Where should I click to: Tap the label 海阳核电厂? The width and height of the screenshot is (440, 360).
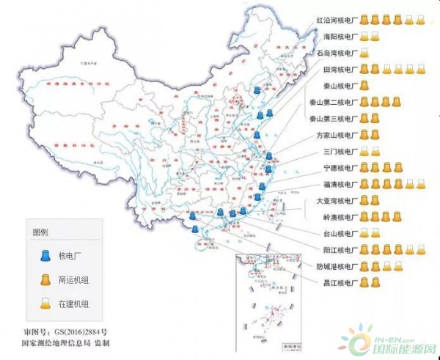[x=339, y=37]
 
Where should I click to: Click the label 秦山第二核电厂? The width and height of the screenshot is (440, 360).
[x=333, y=103]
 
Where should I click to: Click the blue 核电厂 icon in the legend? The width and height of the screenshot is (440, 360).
[x=43, y=256]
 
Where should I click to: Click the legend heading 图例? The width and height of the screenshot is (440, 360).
[x=39, y=232]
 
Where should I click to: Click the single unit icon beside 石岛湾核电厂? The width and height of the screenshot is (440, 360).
[x=364, y=54]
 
